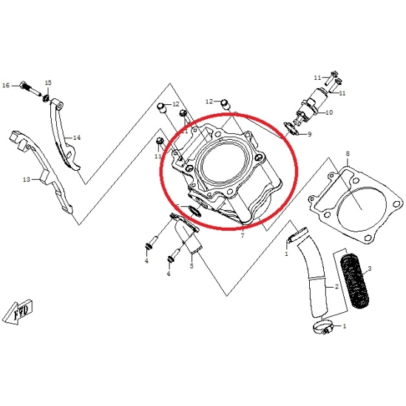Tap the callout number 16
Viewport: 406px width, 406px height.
[6, 86]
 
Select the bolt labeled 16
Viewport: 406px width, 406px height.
[30, 89]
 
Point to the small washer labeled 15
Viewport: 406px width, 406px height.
[47, 98]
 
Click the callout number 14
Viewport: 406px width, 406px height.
[77, 138]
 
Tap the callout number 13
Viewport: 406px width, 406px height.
[27, 179]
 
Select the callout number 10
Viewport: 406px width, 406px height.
[329, 112]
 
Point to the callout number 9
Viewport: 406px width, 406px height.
[309, 134]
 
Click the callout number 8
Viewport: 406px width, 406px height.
[348, 154]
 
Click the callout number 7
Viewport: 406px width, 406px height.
[243, 236]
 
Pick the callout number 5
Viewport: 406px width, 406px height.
[192, 265]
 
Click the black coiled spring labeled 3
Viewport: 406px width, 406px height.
[354, 281]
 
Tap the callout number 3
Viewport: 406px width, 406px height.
[370, 268]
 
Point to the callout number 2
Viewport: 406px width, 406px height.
[336, 287]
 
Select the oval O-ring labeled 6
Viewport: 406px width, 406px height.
[194, 211]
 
